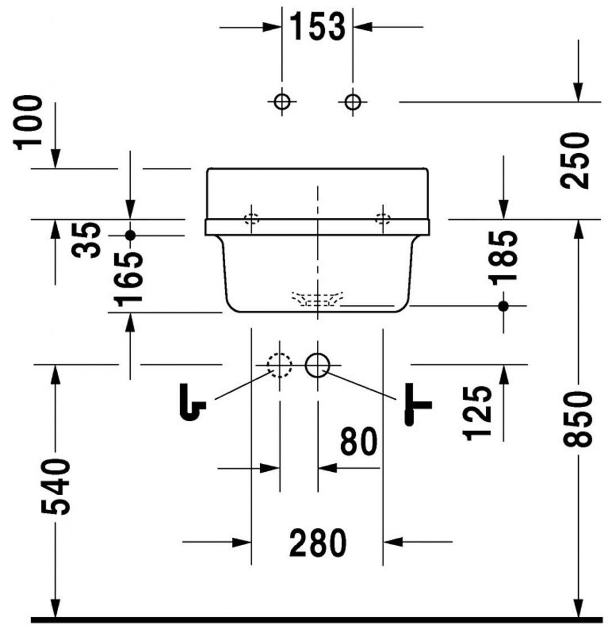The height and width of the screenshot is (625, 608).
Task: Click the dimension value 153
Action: (x=317, y=27)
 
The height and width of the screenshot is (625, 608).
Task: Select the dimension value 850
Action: (x=577, y=419)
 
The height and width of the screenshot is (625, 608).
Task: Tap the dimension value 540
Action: (x=56, y=487)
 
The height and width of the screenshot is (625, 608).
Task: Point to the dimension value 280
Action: (x=317, y=542)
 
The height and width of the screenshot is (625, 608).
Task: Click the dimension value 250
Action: (x=577, y=160)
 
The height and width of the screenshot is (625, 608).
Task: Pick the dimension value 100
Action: (x=30, y=122)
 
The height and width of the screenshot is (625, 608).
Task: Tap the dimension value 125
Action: (x=477, y=413)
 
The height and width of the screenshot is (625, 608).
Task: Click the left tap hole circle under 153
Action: (x=281, y=102)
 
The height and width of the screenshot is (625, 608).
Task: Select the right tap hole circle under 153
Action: (x=352, y=102)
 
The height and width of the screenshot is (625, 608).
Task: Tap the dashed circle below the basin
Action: (x=280, y=366)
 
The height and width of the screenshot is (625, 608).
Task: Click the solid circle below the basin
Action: (x=317, y=366)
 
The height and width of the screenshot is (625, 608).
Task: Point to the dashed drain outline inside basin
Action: (x=317, y=298)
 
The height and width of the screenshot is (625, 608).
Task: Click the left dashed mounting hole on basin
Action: (x=252, y=219)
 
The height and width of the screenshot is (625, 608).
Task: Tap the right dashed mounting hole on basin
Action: (x=383, y=219)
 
